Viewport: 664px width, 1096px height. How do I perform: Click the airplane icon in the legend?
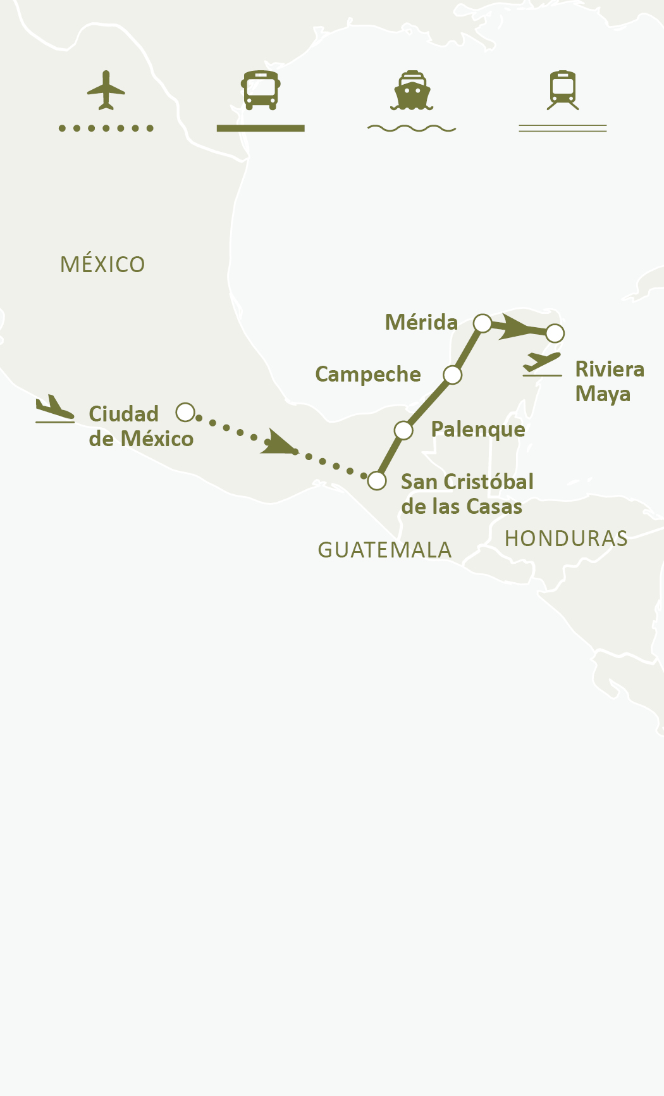point(106,90)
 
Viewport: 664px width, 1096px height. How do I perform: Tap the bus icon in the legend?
point(261,90)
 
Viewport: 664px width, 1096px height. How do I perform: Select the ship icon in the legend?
point(412,90)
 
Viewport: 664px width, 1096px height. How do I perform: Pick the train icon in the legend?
point(563,90)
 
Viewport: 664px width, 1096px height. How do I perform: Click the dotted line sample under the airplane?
point(106,128)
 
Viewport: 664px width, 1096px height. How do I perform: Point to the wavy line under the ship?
point(412,128)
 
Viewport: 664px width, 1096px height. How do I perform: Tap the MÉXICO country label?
point(102,265)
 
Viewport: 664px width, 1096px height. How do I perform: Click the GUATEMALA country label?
point(384,550)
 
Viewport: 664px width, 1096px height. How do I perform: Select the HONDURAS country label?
point(566,539)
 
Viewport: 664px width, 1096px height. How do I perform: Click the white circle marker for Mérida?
point(483,323)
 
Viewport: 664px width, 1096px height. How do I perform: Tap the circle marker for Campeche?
point(453,375)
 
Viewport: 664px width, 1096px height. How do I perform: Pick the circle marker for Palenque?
point(403,430)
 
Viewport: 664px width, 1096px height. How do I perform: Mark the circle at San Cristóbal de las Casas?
point(377,481)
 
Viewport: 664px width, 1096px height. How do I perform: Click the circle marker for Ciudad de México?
point(185,413)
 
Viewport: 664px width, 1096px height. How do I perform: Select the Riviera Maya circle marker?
point(555,333)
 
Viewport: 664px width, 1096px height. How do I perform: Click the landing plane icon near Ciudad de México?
point(55,409)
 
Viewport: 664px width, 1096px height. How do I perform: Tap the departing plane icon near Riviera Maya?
point(542,364)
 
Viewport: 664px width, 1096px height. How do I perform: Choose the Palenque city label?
point(478,430)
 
